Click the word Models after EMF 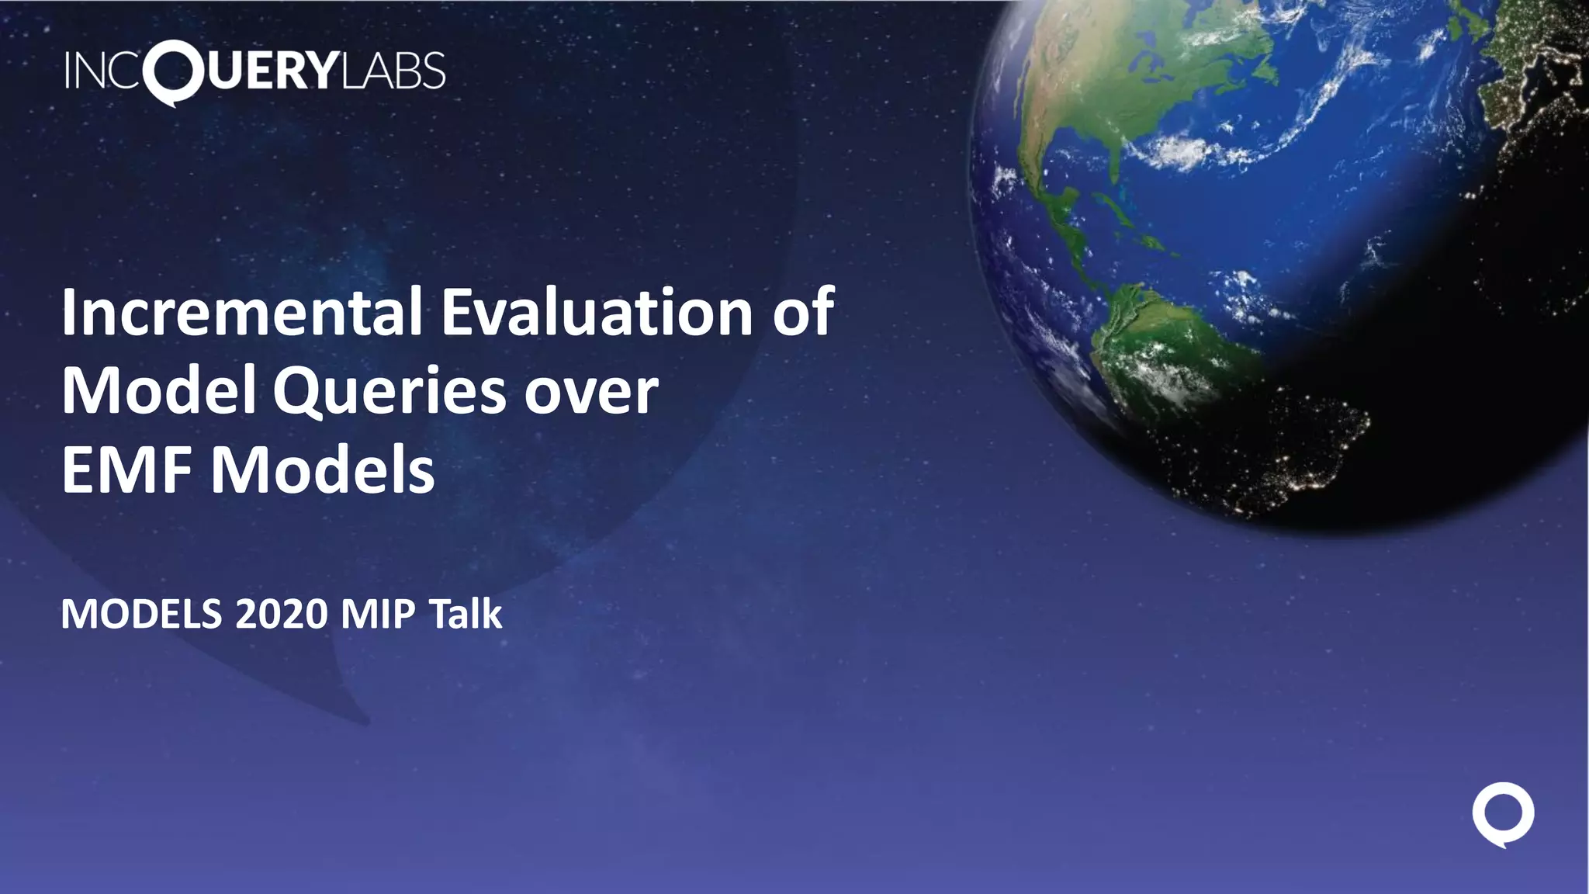point(323,470)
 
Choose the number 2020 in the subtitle point(282,615)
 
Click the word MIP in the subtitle point(379,615)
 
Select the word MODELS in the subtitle point(141,615)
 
